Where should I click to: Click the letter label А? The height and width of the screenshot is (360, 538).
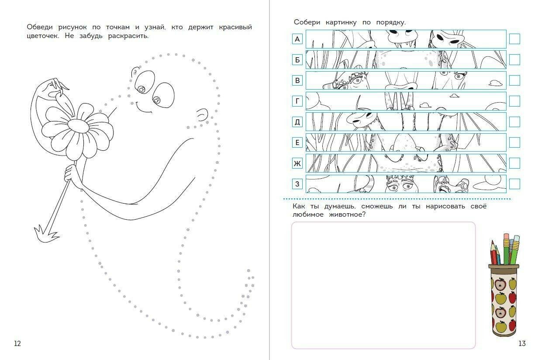297,39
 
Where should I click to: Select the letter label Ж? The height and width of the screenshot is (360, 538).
297,163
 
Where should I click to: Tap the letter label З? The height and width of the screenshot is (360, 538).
297,184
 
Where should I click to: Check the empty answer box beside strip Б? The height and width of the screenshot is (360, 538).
514,59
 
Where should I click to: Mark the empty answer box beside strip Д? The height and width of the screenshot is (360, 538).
514,122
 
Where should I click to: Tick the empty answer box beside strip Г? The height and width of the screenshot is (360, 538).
514,101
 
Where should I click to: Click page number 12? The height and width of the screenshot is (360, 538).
17,344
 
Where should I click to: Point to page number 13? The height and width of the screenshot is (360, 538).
522,344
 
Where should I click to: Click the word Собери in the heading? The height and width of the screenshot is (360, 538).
307,22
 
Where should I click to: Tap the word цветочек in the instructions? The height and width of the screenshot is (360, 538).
42,36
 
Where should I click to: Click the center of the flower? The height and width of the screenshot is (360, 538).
78,125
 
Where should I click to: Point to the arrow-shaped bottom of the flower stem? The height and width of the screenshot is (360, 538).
46,234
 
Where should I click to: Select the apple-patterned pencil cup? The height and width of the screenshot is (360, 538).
504,301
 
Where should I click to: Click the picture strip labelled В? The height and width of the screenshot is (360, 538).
406,80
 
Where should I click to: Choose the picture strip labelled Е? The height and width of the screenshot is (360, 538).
406,142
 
